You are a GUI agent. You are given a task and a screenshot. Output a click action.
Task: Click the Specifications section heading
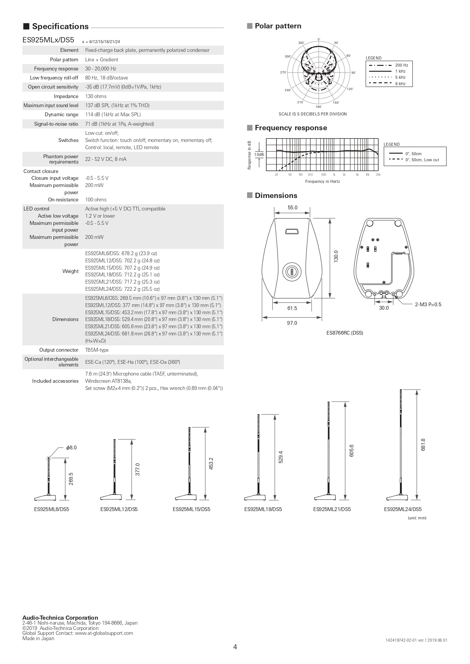[60, 26]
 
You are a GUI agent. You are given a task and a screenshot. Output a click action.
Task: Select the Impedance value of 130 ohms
[96, 96]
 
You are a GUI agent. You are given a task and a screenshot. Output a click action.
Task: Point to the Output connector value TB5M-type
[97, 350]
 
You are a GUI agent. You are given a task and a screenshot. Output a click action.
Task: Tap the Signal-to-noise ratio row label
[56, 124]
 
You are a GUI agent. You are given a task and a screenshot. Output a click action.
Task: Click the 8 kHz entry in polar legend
[400, 84]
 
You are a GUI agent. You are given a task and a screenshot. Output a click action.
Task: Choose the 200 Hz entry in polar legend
[401, 65]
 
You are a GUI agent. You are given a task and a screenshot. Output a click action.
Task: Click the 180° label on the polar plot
[319, 107]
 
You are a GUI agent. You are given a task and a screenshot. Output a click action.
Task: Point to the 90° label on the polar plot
[354, 73]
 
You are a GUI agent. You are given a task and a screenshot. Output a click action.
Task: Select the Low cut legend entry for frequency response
[422, 160]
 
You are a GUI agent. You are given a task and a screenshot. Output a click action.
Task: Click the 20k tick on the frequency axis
[378, 175]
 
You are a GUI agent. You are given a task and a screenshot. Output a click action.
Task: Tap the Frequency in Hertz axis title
[323, 181]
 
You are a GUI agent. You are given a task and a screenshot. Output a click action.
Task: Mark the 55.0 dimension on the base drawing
[293, 207]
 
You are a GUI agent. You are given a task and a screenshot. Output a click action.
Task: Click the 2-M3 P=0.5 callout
[428, 304]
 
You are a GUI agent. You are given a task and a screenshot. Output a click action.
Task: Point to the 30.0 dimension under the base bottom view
[384, 308]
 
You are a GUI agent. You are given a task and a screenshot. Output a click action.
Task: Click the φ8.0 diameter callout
[71, 447]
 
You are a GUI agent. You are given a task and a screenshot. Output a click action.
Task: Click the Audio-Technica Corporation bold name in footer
[60, 618]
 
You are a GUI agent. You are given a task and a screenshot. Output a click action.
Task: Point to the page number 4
[235, 647]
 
